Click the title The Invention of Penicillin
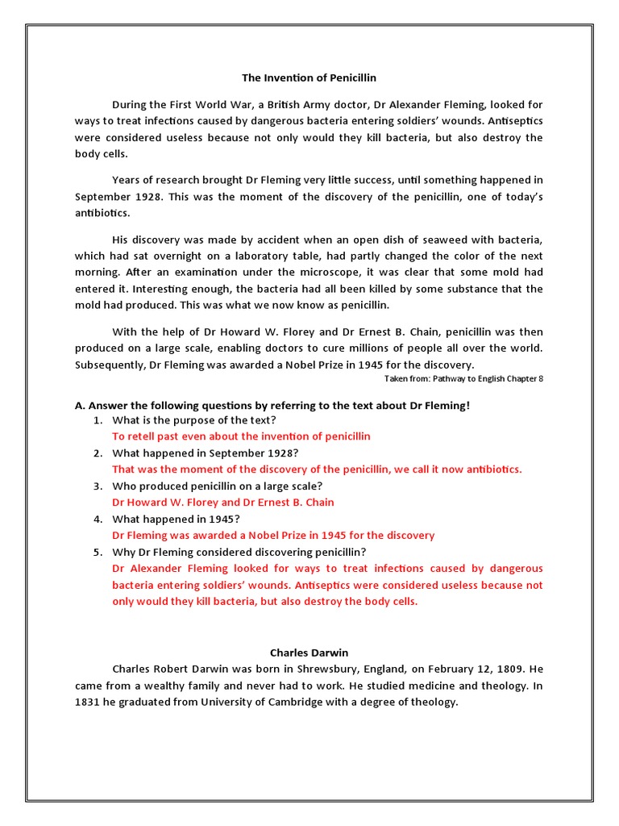pos(309,78)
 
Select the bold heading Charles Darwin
pos(309,652)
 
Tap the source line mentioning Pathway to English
pos(463,379)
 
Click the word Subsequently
pos(110,365)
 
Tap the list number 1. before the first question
pos(97,420)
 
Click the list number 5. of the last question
pos(97,552)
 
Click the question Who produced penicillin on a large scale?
pos(217,486)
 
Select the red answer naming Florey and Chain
pos(222,503)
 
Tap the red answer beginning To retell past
pos(241,436)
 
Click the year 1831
pos(89,702)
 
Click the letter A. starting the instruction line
pos(80,405)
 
